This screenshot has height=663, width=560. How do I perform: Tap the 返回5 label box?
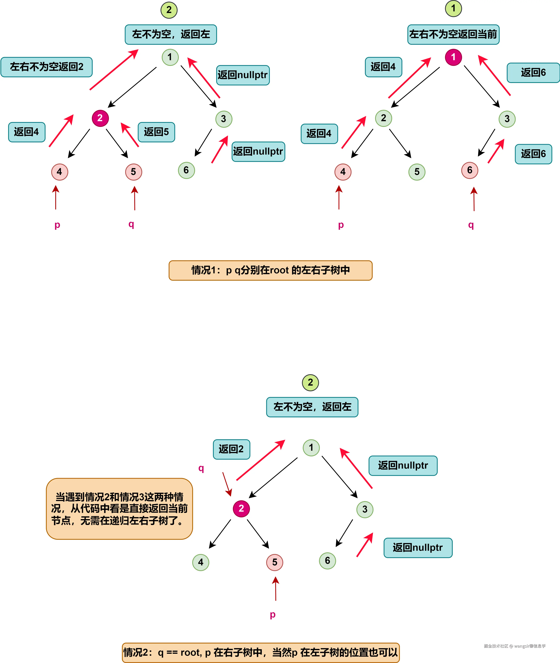point(156,132)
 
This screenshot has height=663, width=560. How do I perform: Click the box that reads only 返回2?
point(231,449)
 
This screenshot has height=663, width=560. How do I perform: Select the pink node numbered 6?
point(469,170)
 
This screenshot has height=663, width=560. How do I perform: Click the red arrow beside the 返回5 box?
point(130,135)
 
